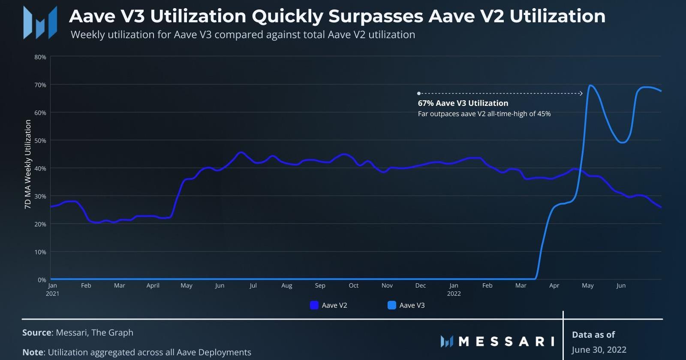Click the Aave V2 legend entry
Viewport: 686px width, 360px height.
pyautogui.click(x=328, y=305)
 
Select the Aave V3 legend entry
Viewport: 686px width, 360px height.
pyautogui.click(x=406, y=305)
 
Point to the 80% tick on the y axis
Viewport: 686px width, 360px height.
pyautogui.click(x=40, y=57)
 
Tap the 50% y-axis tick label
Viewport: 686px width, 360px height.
pyautogui.click(x=40, y=141)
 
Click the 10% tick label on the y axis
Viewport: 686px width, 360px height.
pyautogui.click(x=40, y=252)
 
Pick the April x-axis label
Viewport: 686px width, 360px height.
pyautogui.click(x=153, y=285)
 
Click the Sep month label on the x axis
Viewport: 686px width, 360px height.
pyautogui.click(x=320, y=285)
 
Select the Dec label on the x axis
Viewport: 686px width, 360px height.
pyautogui.click(x=420, y=285)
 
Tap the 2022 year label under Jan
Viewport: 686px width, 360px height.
pyautogui.click(x=454, y=294)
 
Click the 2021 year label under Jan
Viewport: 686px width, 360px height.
pyautogui.click(x=52, y=294)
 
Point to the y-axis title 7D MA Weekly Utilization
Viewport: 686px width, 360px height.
pyautogui.click(x=28, y=164)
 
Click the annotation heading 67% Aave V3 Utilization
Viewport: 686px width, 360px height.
pyautogui.click(x=463, y=103)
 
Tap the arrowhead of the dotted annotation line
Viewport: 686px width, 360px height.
pyautogui.click(x=581, y=93)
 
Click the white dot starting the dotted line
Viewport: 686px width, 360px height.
pyautogui.click(x=418, y=93)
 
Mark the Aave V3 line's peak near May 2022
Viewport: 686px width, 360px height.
pyautogui.click(x=590, y=85)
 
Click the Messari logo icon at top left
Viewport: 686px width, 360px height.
pyautogui.click(x=40, y=23)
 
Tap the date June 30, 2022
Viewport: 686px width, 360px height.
pyautogui.click(x=599, y=350)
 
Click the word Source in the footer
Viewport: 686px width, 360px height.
pyautogui.click(x=37, y=333)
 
